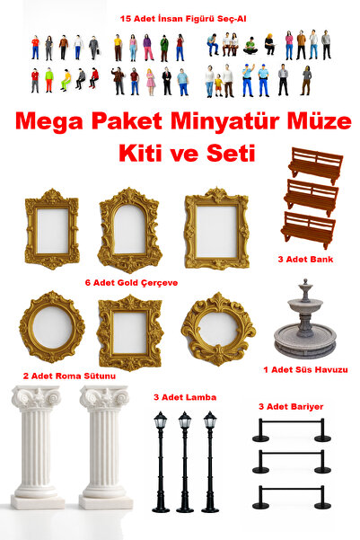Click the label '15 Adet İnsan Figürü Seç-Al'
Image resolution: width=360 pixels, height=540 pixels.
coord(180,18)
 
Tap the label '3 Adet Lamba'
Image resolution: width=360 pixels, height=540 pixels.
coord(184,396)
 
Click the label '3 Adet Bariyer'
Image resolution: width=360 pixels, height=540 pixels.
coord(291,406)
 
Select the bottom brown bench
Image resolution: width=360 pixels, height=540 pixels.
coord(308,229)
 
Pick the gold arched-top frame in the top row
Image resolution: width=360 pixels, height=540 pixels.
coord(129,230)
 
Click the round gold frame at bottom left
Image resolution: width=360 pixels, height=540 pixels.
coord(51,327)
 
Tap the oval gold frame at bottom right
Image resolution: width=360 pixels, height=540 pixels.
coord(217,328)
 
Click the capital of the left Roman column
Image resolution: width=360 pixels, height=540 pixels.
coord(37,398)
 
